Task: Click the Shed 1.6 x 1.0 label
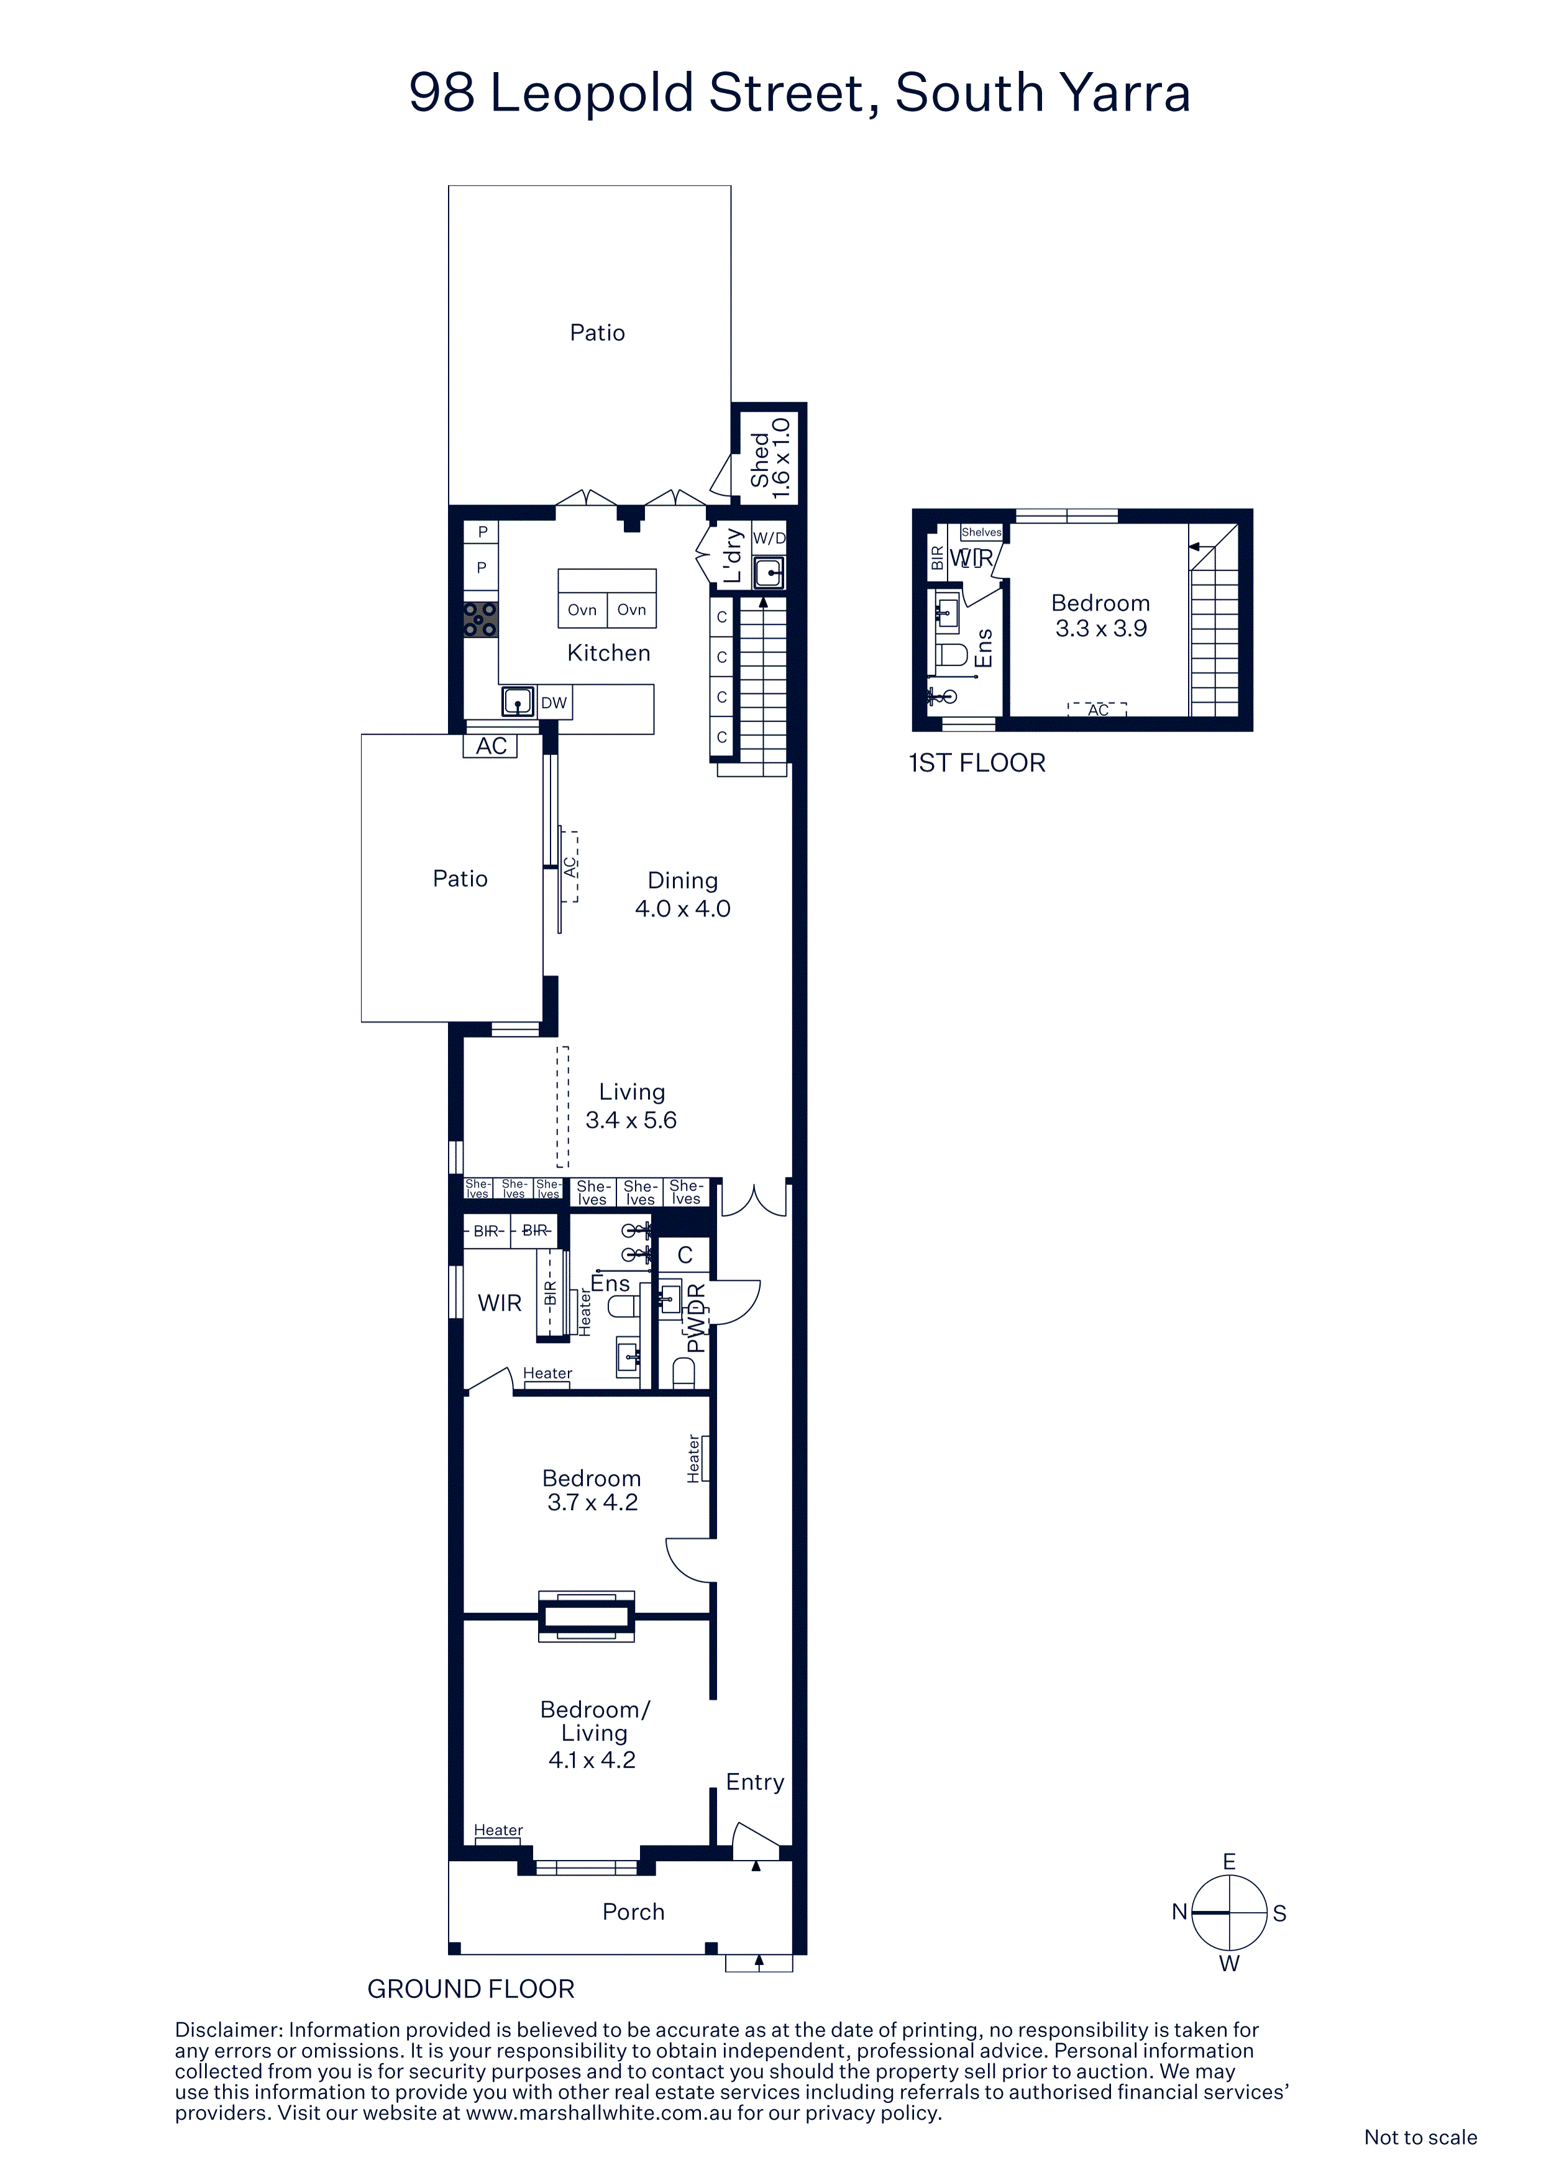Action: click(769, 459)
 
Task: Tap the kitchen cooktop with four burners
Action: click(480, 619)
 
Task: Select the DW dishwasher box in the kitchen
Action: click(554, 703)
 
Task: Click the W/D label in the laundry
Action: click(769, 538)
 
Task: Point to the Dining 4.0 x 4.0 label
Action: click(683, 894)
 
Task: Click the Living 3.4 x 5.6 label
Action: click(631, 1106)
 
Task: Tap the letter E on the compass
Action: click(1228, 1862)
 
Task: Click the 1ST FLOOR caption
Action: click(977, 763)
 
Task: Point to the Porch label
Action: click(633, 1912)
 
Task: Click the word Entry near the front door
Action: click(755, 1782)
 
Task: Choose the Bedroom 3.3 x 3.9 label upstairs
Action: click(1100, 615)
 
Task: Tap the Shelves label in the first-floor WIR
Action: click(981, 533)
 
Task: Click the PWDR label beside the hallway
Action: click(696, 1318)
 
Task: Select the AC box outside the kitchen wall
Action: click(491, 746)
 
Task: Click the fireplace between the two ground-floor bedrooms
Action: click(587, 1615)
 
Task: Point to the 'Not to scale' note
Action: click(1420, 2137)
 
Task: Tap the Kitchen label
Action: click(608, 653)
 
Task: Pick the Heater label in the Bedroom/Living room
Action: click(498, 1830)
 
